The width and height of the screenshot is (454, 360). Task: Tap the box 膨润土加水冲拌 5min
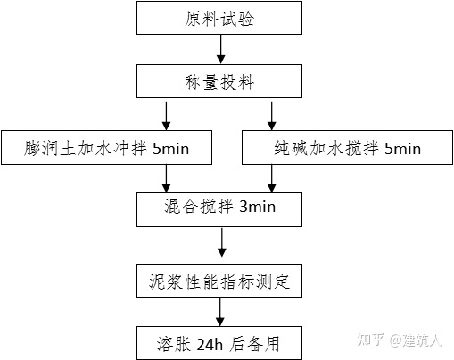pyautogui.click(x=106, y=149)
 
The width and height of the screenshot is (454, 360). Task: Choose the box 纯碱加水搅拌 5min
pyautogui.click(x=344, y=149)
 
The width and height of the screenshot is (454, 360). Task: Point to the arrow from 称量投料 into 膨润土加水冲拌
pyautogui.click(x=167, y=114)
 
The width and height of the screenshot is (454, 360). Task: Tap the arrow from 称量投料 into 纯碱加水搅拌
pyautogui.click(x=272, y=114)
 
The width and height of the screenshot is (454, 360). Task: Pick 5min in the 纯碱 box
pyautogui.click(x=402, y=149)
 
